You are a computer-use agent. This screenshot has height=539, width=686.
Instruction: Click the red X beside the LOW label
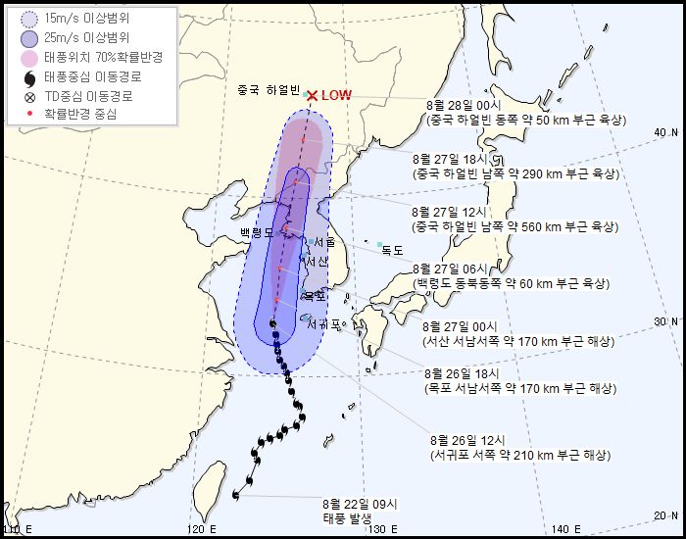tap(312, 95)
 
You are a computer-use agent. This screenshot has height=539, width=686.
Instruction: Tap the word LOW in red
tap(336, 95)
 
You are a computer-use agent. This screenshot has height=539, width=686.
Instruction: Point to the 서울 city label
tap(324, 241)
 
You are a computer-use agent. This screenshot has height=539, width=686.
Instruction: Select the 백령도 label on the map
tap(258, 232)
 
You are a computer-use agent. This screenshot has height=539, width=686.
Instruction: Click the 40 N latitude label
tap(666, 132)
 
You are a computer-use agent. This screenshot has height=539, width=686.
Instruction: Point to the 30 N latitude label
tap(666, 321)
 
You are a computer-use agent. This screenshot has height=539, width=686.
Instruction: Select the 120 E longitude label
tap(200, 529)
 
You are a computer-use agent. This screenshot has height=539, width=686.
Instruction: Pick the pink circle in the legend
tap(29, 58)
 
